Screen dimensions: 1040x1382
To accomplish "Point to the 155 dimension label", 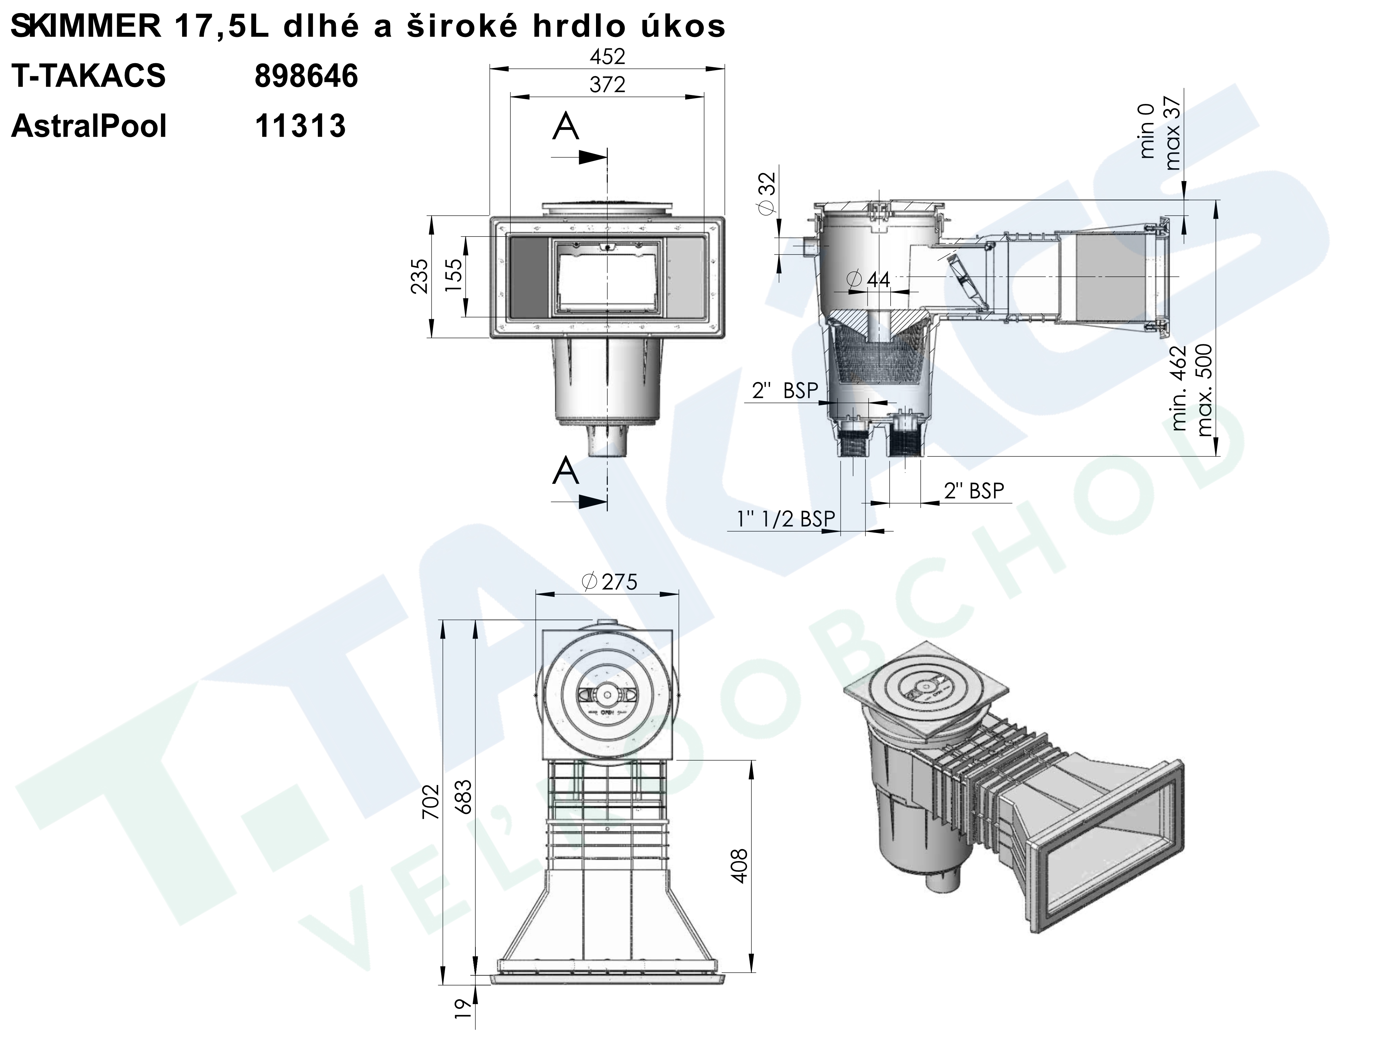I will click(454, 276).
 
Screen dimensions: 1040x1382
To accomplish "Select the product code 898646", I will click(306, 76).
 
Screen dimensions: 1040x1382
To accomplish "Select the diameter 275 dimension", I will click(609, 582).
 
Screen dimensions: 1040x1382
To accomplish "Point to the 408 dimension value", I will click(740, 866).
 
